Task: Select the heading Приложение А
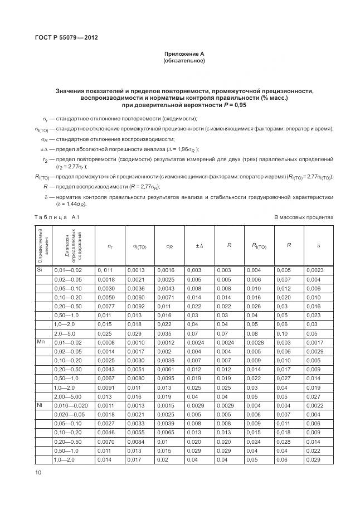point(184,53)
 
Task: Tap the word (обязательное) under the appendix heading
point(184,60)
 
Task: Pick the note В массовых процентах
point(303,217)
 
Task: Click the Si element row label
point(40,270)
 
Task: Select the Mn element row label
point(41,342)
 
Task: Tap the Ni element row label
point(40,405)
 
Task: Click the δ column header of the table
point(318,246)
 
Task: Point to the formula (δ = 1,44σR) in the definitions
point(76,204)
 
